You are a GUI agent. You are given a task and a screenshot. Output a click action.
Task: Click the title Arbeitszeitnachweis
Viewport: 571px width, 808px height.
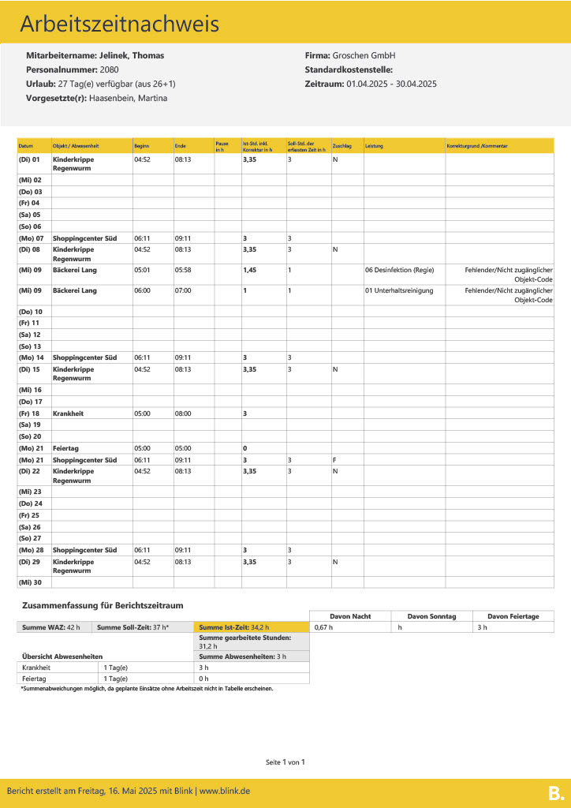point(119,24)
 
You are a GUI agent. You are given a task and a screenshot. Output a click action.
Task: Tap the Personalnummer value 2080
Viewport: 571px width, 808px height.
point(110,69)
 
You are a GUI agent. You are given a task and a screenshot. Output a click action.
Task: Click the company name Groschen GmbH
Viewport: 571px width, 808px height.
point(364,56)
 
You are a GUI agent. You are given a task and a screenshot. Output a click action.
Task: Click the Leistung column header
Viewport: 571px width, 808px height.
point(374,146)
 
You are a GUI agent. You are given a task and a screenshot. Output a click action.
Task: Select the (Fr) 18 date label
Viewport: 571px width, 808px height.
point(30,413)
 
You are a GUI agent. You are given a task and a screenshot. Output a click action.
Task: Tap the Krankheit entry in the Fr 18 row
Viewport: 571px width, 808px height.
point(69,413)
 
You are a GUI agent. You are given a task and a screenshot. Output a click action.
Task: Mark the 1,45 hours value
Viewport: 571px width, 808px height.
point(249,270)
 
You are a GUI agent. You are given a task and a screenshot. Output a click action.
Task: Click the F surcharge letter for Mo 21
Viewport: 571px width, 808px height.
point(334,460)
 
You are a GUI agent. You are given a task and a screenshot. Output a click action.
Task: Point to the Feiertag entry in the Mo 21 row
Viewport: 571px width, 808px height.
point(67,448)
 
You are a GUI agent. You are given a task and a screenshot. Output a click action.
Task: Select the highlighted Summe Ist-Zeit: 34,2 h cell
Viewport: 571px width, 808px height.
point(234,627)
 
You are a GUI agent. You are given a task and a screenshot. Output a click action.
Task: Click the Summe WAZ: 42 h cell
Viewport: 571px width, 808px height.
point(51,627)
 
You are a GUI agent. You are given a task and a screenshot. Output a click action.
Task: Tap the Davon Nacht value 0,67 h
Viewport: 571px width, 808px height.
point(323,627)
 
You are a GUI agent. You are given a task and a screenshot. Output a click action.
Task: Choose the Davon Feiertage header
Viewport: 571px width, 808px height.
point(513,616)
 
